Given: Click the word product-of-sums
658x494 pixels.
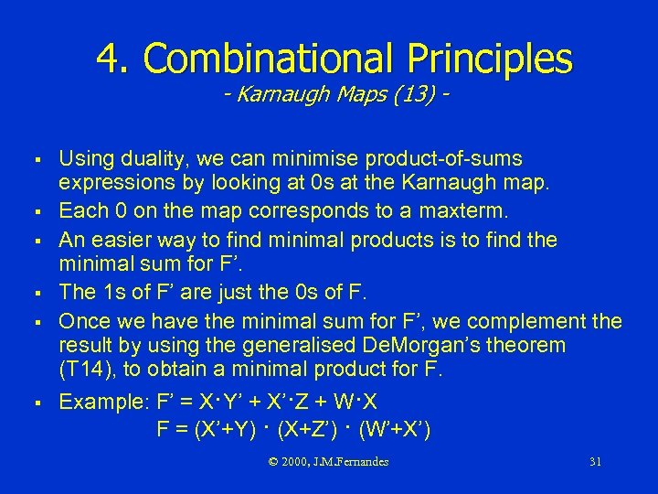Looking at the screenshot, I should [x=445, y=159].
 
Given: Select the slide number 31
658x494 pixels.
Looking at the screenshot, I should [x=595, y=462].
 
